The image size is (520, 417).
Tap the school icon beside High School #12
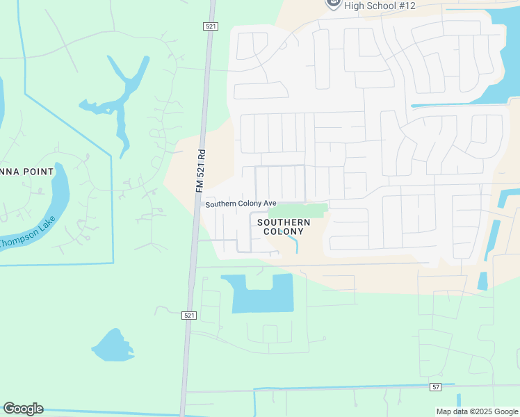coord(333,3)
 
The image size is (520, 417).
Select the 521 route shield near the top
coord(211,26)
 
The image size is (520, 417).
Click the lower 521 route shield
coord(189,315)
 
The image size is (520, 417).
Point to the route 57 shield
coord(436,386)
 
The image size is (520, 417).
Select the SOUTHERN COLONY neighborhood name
coord(284,227)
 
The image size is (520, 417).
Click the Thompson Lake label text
coord(28,233)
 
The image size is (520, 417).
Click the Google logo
coord(23,409)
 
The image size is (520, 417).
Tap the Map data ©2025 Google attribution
coord(477,411)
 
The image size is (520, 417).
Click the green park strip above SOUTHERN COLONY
coord(298,210)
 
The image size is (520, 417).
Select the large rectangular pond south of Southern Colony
coord(262,295)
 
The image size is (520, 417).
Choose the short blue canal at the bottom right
coord(459,400)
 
